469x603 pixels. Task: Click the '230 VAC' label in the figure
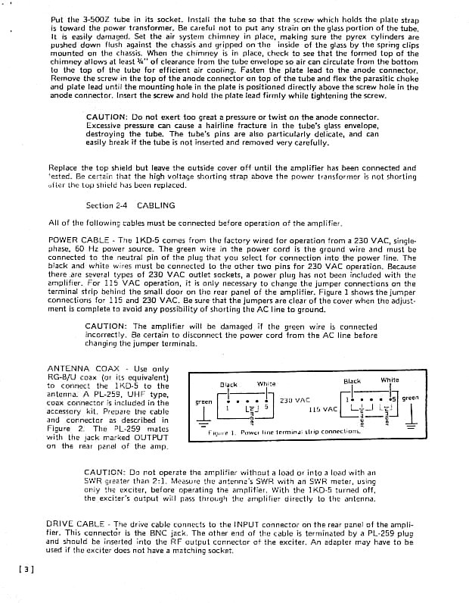(x=295, y=400)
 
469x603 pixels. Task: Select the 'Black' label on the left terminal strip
(x=228, y=385)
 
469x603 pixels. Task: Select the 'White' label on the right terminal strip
(x=390, y=380)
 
